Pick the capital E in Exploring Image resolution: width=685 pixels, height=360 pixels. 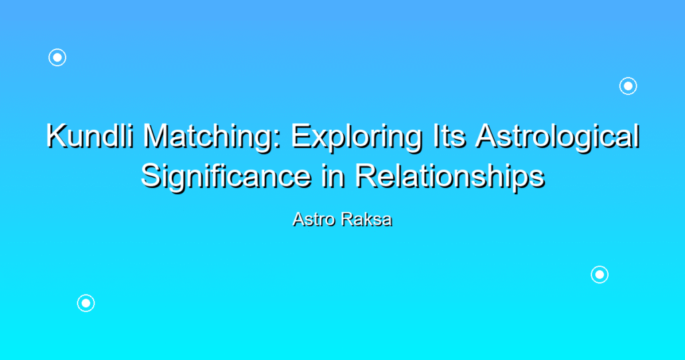(x=302, y=136)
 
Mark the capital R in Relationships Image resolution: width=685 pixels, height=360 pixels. (x=366, y=177)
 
